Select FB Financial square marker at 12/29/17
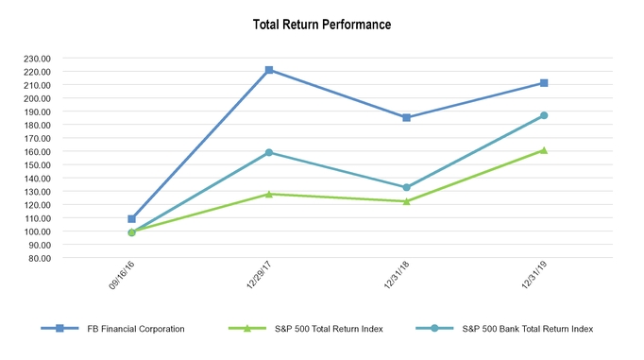(269, 70)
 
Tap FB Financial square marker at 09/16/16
(131, 218)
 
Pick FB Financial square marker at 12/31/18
(406, 117)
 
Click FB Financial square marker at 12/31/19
(544, 83)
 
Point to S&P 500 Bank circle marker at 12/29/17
(269, 152)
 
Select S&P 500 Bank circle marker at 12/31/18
(406, 187)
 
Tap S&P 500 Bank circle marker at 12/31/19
(544, 115)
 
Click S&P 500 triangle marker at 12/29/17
(269, 194)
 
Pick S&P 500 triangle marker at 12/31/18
(406, 200)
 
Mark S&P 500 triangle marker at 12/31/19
(544, 149)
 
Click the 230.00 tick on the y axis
(36, 58)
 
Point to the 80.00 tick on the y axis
(38, 257)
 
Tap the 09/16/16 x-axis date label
(119, 279)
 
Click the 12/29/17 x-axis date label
(257, 279)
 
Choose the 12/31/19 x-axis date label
(532, 279)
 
